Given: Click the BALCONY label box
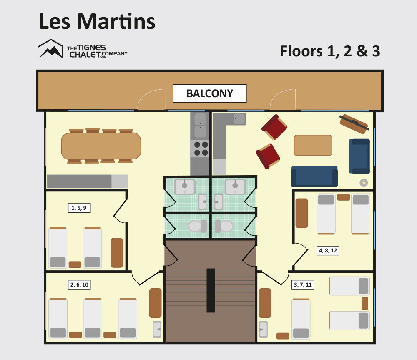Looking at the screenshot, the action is (x=210, y=93).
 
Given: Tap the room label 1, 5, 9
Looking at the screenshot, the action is (x=79, y=208).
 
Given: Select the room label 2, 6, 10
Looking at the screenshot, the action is (x=79, y=284).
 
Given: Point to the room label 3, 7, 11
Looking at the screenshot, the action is (x=303, y=284).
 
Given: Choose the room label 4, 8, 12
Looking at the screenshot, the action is (x=328, y=250).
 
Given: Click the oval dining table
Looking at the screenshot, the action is (x=101, y=146).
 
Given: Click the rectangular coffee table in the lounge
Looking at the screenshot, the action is (x=313, y=145).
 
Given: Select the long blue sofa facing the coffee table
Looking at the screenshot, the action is (x=314, y=176).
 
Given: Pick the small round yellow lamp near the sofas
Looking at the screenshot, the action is (x=364, y=183).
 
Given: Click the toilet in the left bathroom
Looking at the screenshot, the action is (x=197, y=226).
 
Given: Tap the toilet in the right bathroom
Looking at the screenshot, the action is (x=224, y=226).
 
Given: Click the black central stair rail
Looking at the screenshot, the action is (x=211, y=290).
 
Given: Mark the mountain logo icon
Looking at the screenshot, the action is (x=51, y=49).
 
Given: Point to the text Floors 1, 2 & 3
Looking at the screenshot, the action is (x=330, y=51).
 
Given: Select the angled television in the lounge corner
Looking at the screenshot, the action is (x=354, y=124).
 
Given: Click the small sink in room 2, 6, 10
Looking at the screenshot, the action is (x=157, y=330).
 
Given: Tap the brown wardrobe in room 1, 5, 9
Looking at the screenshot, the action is (x=117, y=253).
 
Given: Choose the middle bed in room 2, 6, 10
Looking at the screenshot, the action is (x=93, y=318).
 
